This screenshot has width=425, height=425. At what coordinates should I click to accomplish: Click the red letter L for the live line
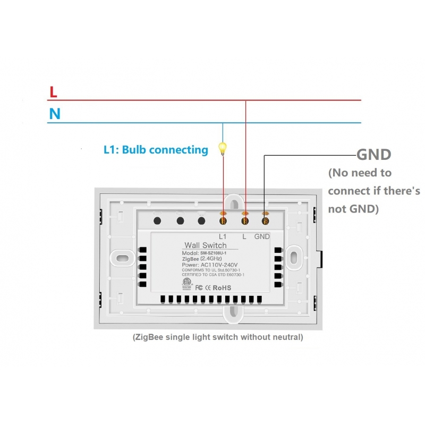point(53,92)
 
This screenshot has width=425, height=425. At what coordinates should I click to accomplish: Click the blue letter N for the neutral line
point(54,114)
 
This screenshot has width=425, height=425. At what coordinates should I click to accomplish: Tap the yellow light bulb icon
point(223,148)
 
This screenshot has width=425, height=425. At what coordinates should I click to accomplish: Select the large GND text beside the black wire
point(373,155)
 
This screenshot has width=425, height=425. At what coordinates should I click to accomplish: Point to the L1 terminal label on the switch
point(223,236)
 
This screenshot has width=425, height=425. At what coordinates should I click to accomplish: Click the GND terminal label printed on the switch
point(262,236)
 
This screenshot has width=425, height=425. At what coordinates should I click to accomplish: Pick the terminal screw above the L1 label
point(223,219)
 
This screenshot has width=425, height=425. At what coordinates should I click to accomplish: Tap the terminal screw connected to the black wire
point(265,219)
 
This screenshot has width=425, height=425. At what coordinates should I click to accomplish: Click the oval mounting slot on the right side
point(293,256)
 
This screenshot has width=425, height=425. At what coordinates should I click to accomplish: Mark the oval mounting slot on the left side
point(123,258)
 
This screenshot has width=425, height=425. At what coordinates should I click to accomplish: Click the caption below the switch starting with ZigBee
point(218,337)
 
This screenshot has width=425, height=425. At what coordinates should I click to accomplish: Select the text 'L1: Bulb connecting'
point(156,150)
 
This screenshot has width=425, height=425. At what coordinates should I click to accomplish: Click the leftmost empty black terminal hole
point(158,219)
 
